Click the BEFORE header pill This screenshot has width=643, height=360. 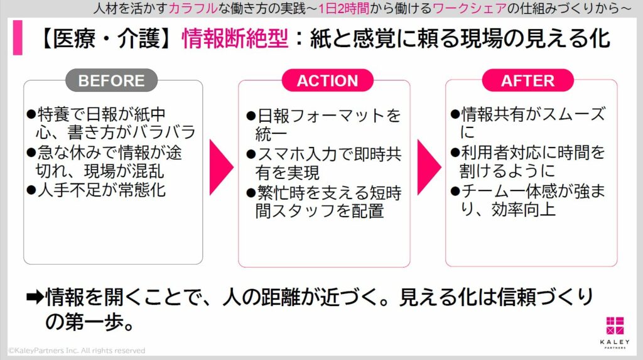(111, 80)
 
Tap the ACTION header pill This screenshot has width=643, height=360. (327, 80)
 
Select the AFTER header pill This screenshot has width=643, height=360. (527, 80)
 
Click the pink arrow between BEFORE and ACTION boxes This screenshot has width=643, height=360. (221, 166)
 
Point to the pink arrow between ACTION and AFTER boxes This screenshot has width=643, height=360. (430, 166)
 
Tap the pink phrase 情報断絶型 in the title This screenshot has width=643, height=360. (235, 39)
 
